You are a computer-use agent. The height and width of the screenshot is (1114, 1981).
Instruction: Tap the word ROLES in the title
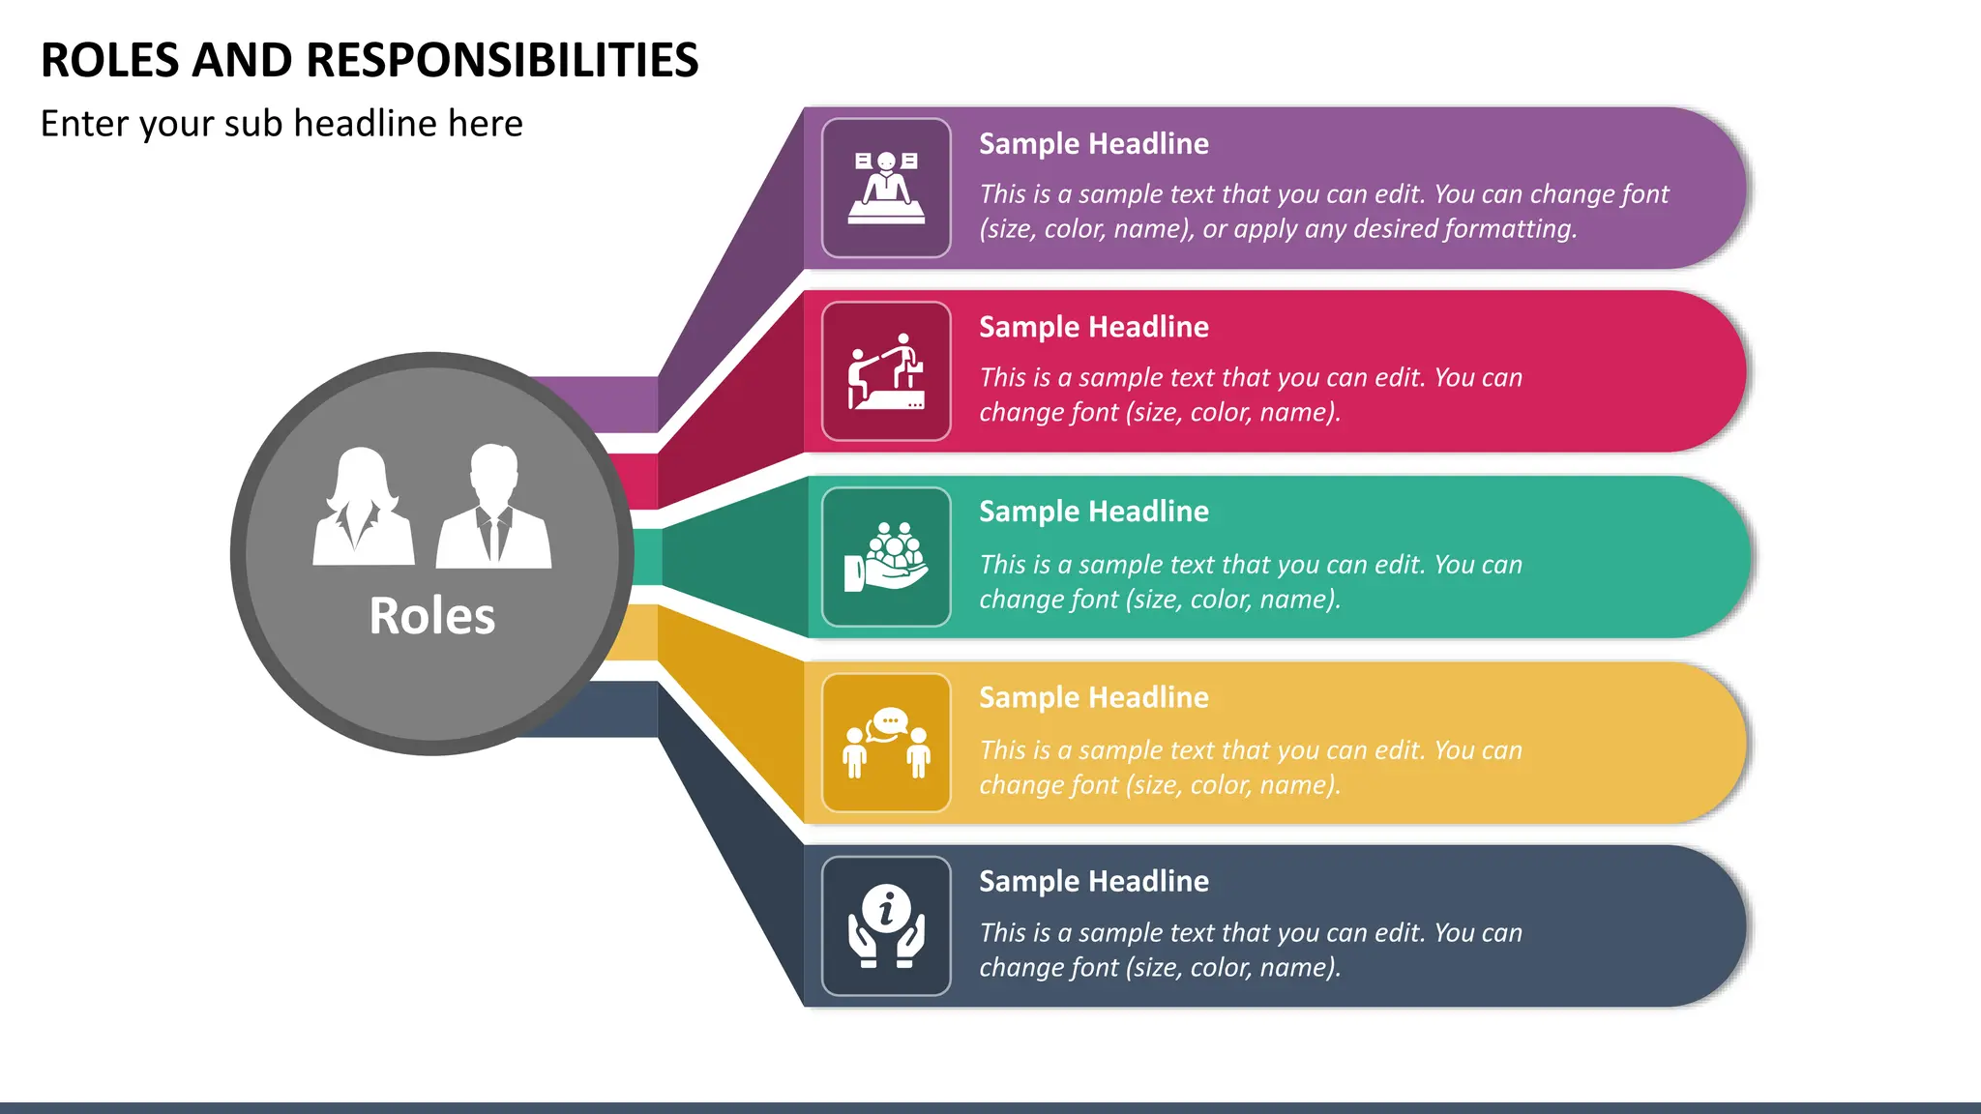coord(110,60)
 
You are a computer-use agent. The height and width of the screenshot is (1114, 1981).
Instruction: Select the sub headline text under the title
coord(281,124)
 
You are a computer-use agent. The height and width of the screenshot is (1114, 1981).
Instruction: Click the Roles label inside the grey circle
coord(431,616)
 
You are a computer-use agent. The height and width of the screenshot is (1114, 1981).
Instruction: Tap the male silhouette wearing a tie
coord(493,507)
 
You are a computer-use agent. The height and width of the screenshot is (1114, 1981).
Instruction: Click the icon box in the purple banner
coord(886,188)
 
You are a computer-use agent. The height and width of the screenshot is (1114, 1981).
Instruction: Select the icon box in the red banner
coord(886,371)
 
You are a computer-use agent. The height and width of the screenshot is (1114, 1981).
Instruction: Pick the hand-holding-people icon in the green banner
coord(886,557)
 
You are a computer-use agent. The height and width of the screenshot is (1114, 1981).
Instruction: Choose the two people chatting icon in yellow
coord(886,743)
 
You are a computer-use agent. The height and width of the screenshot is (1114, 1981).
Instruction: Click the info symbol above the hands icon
coord(886,908)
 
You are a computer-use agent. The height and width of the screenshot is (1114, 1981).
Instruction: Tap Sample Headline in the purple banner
coord(1093,144)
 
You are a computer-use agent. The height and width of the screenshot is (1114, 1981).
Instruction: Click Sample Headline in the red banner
coord(1093,327)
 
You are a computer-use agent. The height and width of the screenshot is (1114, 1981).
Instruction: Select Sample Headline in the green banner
coord(1093,512)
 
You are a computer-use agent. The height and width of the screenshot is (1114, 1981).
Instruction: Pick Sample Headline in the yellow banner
coord(1093,697)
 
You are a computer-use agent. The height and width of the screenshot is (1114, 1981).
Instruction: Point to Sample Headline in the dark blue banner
coord(1093,881)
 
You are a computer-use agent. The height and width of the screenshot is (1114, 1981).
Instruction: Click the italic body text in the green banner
coord(1250,581)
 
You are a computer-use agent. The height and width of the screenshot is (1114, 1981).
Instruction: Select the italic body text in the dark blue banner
coord(1250,950)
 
